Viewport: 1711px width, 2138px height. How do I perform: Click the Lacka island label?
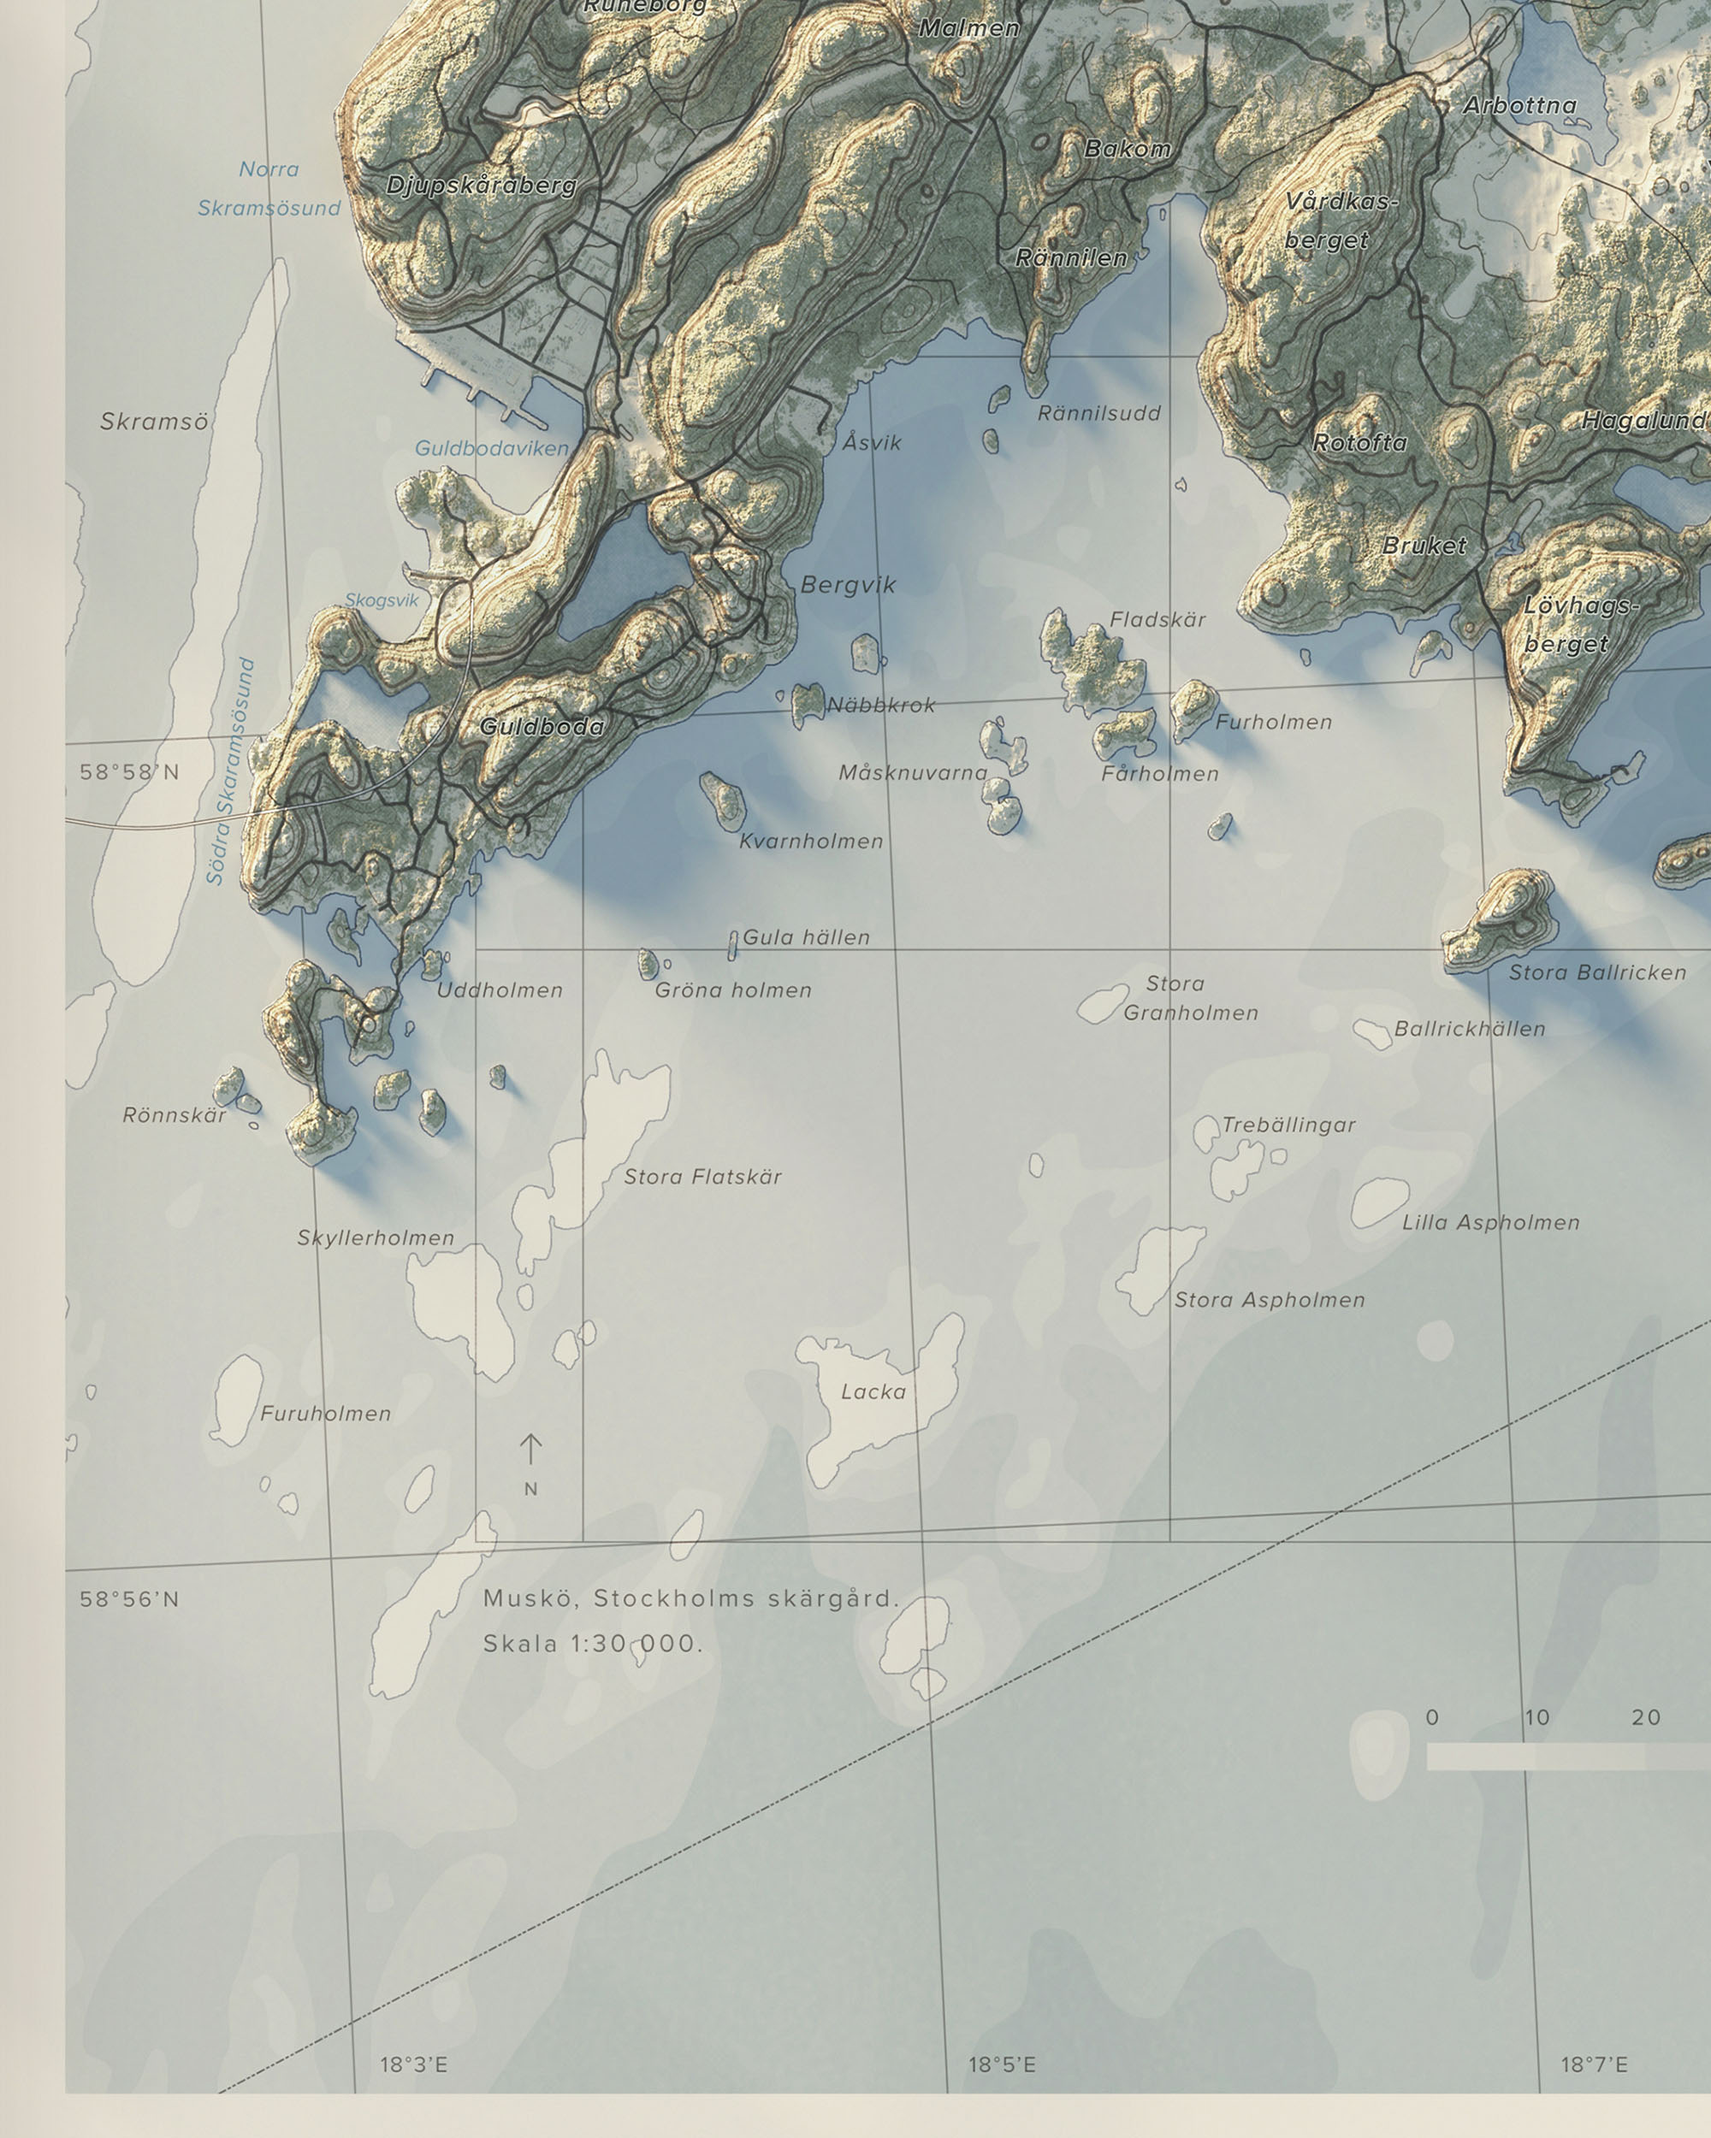pyautogui.click(x=873, y=1392)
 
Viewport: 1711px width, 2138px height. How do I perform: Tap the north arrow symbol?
pyautogui.click(x=530, y=1450)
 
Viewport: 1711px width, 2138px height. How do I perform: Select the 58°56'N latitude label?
pyautogui.click(x=129, y=1598)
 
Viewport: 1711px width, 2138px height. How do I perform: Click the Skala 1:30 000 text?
pyautogui.click(x=592, y=1643)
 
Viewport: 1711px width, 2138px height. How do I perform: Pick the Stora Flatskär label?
pyautogui.click(x=702, y=1177)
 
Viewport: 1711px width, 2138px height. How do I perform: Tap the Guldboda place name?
pyautogui.click(x=542, y=727)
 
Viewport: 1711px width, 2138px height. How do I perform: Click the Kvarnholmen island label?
pyautogui.click(x=810, y=841)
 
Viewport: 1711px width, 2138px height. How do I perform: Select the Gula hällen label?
pyautogui.click(x=805, y=937)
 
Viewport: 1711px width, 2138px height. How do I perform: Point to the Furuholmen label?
pyautogui.click(x=325, y=1413)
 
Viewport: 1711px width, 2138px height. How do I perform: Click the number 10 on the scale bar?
pyautogui.click(x=1536, y=1717)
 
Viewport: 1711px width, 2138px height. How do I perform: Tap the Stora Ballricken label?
pyautogui.click(x=1597, y=973)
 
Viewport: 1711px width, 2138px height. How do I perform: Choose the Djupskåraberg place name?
pyautogui.click(x=481, y=186)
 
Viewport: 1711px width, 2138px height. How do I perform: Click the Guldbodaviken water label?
pyautogui.click(x=491, y=448)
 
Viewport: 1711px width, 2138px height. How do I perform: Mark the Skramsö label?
pyautogui.click(x=154, y=422)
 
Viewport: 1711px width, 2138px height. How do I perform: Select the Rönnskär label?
pyautogui.click(x=175, y=1114)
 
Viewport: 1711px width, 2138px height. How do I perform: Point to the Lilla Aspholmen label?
pyautogui.click(x=1489, y=1223)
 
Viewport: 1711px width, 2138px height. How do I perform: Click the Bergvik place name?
pyautogui.click(x=848, y=585)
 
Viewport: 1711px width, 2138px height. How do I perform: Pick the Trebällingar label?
pyautogui.click(x=1288, y=1125)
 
